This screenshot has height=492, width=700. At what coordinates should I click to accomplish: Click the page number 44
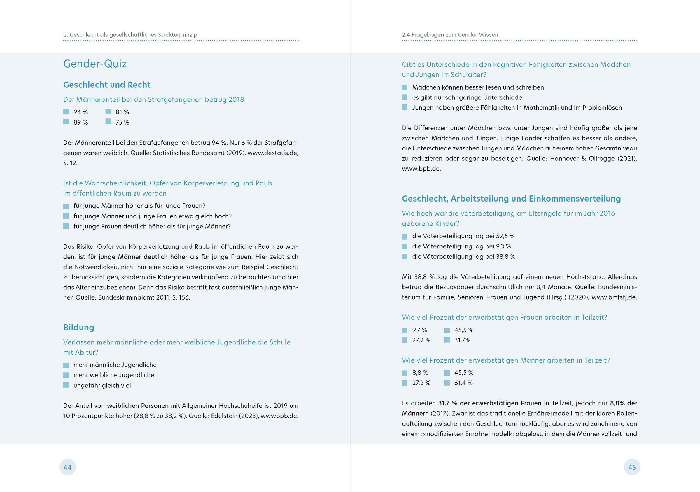[x=67, y=467]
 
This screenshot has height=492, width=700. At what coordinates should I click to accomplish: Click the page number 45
[x=632, y=467]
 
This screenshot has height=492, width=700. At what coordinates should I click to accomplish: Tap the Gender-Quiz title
[x=95, y=64]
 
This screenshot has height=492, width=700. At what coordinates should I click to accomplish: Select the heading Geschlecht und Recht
[x=107, y=85]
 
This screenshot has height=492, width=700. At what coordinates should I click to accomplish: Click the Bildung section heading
[x=79, y=328]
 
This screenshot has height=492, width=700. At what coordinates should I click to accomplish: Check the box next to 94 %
[x=66, y=112]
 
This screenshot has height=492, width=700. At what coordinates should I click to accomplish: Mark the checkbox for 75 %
[x=108, y=122]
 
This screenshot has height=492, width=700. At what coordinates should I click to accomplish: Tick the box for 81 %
[x=108, y=112]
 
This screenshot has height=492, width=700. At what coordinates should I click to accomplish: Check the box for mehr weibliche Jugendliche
[x=66, y=375]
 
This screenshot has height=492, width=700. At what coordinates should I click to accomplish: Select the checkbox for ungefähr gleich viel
[x=66, y=385]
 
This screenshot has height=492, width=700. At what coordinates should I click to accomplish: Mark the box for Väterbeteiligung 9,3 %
[x=405, y=246]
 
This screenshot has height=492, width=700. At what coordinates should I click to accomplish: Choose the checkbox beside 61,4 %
[x=447, y=383]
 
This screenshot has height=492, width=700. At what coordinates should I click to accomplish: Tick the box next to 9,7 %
[x=405, y=330]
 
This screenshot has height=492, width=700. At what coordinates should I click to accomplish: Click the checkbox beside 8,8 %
[x=405, y=373]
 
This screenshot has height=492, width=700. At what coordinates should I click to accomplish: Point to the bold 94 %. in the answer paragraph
[x=220, y=143]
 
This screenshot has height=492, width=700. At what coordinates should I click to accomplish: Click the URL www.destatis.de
[x=272, y=153]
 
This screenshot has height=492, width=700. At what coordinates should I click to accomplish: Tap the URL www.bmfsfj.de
[x=614, y=297]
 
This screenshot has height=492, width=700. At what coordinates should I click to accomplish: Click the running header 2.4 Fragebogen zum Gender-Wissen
[x=450, y=35]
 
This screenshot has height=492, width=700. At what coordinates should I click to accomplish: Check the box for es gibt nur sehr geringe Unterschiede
[x=405, y=97]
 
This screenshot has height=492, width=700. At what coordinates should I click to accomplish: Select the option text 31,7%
[x=462, y=340]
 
